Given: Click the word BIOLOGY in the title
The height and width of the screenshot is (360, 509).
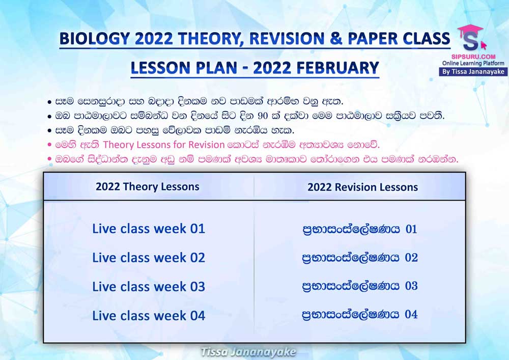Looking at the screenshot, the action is click(95, 39).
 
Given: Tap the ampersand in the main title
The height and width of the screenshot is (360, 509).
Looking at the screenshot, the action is click(336, 38).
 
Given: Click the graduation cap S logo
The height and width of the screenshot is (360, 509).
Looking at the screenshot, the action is click(470, 38).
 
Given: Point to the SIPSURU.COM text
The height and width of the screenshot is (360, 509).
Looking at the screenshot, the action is click(473, 57).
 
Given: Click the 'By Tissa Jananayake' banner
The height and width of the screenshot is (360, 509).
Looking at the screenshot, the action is click(473, 72).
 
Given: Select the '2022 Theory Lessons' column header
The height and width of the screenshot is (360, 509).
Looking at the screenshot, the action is click(148, 187).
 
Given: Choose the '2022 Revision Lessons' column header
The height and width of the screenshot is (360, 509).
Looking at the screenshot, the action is click(362, 187).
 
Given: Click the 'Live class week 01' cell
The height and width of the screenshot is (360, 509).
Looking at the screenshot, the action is click(149, 229).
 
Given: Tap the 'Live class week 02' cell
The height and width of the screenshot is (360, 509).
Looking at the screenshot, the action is click(149, 258).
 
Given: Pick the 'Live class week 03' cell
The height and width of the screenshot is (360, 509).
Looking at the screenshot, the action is click(149, 287).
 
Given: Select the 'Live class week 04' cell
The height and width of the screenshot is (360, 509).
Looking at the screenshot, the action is click(149, 316).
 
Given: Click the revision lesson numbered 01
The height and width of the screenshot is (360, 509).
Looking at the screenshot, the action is click(360, 229).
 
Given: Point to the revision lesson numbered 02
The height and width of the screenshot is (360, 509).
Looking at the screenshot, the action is click(360, 258).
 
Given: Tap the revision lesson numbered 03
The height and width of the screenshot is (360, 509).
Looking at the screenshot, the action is click(360, 286).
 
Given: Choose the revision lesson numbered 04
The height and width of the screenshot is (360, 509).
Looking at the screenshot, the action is click(360, 315).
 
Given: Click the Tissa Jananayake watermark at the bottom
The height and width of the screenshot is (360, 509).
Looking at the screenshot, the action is click(248, 352).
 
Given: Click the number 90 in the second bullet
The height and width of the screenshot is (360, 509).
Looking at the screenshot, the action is click(264, 116).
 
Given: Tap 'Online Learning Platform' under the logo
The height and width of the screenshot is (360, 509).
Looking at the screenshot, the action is click(473, 63).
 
